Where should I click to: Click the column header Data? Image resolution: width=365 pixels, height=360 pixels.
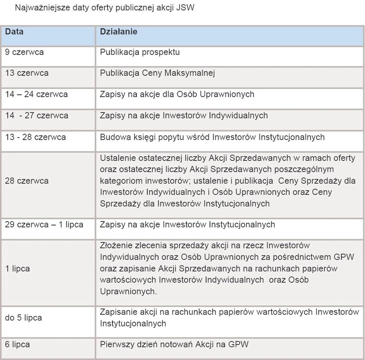pyautogui.click(x=15, y=32)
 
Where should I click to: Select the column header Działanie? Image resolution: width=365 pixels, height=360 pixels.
pyautogui.click(x=118, y=32)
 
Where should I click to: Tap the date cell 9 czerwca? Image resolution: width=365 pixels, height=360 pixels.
pyautogui.click(x=24, y=52)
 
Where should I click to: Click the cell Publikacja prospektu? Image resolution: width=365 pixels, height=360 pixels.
pyautogui.click(x=140, y=52)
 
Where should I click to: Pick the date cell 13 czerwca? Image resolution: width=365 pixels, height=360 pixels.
pyautogui.click(x=27, y=73)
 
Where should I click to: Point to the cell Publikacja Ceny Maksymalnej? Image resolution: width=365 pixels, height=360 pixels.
pyautogui.click(x=157, y=73)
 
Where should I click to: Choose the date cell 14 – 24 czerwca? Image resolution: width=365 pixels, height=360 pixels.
pyautogui.click(x=36, y=94)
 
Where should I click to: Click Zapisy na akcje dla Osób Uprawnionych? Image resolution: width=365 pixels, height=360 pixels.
pyautogui.click(x=177, y=94)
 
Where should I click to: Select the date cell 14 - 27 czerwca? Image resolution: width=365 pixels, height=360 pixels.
pyautogui.click(x=37, y=116)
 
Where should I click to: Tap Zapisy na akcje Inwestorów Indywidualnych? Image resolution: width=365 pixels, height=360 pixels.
pyautogui.click(x=184, y=116)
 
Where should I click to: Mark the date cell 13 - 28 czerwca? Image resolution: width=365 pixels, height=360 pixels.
pyautogui.click(x=35, y=137)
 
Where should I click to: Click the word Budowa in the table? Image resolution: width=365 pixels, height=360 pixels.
pyautogui.click(x=113, y=137)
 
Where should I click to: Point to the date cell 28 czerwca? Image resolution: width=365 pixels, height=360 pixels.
pyautogui.click(x=27, y=181)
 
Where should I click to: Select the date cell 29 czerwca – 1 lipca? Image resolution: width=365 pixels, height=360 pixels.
pyautogui.click(x=44, y=225)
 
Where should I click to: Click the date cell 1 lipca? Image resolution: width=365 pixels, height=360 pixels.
pyautogui.click(x=18, y=269)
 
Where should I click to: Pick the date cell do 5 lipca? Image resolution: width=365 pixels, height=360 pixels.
pyautogui.click(x=24, y=318)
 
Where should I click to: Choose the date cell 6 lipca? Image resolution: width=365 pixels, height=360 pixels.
pyautogui.click(x=18, y=345)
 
